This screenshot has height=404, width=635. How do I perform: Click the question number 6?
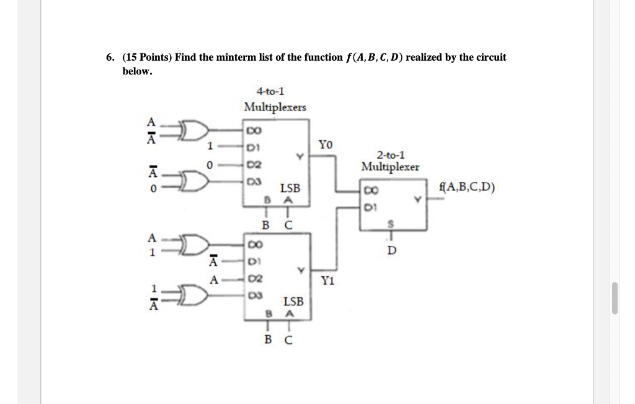109,58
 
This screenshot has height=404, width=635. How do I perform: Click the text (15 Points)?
148,58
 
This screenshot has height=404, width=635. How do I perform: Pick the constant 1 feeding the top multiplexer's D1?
210,147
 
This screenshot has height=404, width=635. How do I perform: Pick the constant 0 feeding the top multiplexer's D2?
210,165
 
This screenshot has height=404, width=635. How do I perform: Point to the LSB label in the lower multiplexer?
293,301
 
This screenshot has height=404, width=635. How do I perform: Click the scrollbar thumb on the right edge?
614,298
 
